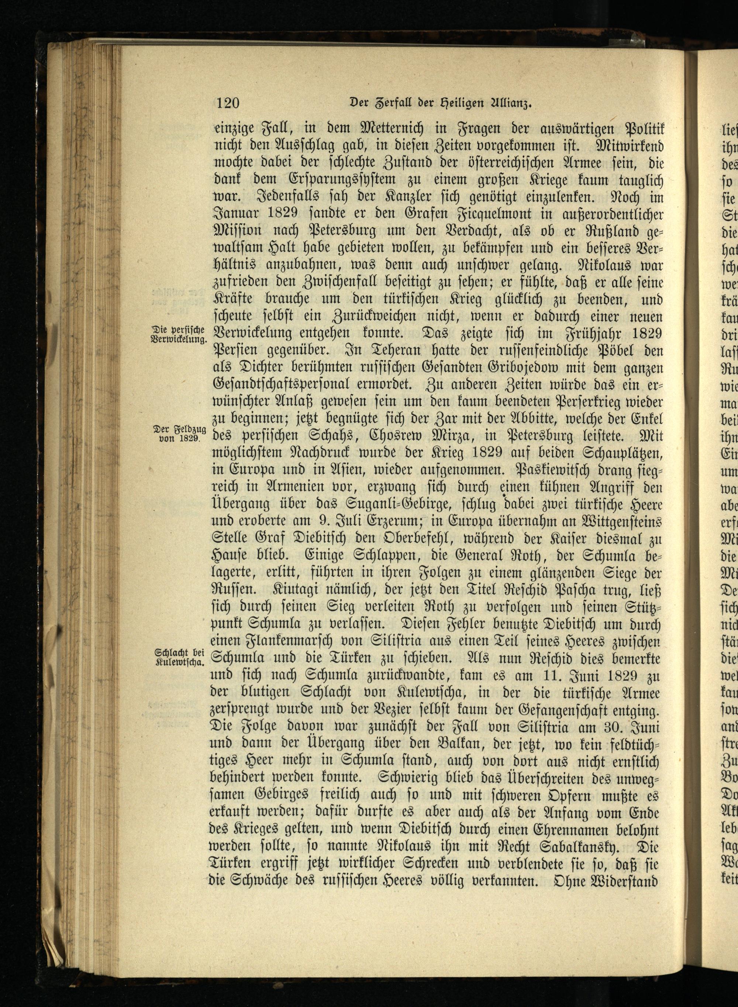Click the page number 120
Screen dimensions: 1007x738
(x=228, y=103)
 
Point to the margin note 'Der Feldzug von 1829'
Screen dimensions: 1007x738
(x=179, y=433)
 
